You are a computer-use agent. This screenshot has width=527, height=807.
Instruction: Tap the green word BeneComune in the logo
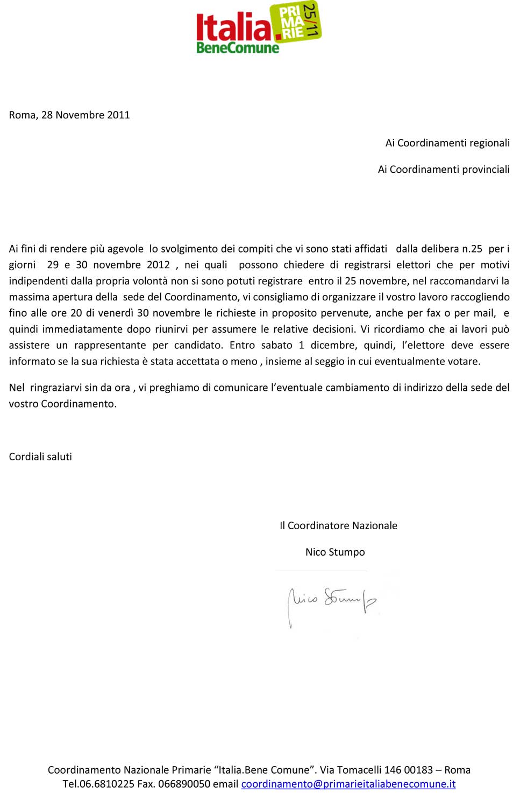[x=238, y=48]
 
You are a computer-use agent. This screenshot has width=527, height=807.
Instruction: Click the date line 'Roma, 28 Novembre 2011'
[x=69, y=115]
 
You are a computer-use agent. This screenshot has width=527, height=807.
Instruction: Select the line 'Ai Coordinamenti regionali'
[x=447, y=143]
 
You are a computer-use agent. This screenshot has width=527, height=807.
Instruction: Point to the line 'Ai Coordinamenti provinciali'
[x=444, y=169]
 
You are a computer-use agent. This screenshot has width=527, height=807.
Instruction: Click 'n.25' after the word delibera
[x=472, y=249]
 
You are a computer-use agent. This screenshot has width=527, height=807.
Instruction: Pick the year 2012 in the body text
[x=158, y=265]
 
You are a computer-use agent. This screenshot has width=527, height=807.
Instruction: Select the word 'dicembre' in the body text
[x=333, y=345]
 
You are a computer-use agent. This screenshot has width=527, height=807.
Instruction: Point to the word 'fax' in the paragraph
[x=433, y=313]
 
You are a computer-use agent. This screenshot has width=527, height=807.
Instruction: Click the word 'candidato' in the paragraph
[x=198, y=345]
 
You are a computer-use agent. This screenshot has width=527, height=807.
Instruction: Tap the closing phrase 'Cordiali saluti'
[x=40, y=457]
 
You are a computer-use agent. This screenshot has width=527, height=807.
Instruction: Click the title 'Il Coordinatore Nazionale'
[x=338, y=525]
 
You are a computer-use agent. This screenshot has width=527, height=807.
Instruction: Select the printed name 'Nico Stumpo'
[x=335, y=552]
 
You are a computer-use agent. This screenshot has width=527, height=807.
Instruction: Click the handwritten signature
[x=332, y=602]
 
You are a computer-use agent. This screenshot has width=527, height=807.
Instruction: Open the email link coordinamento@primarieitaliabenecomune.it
[x=348, y=784]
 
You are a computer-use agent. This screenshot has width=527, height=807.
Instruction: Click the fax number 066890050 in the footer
[x=184, y=784]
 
